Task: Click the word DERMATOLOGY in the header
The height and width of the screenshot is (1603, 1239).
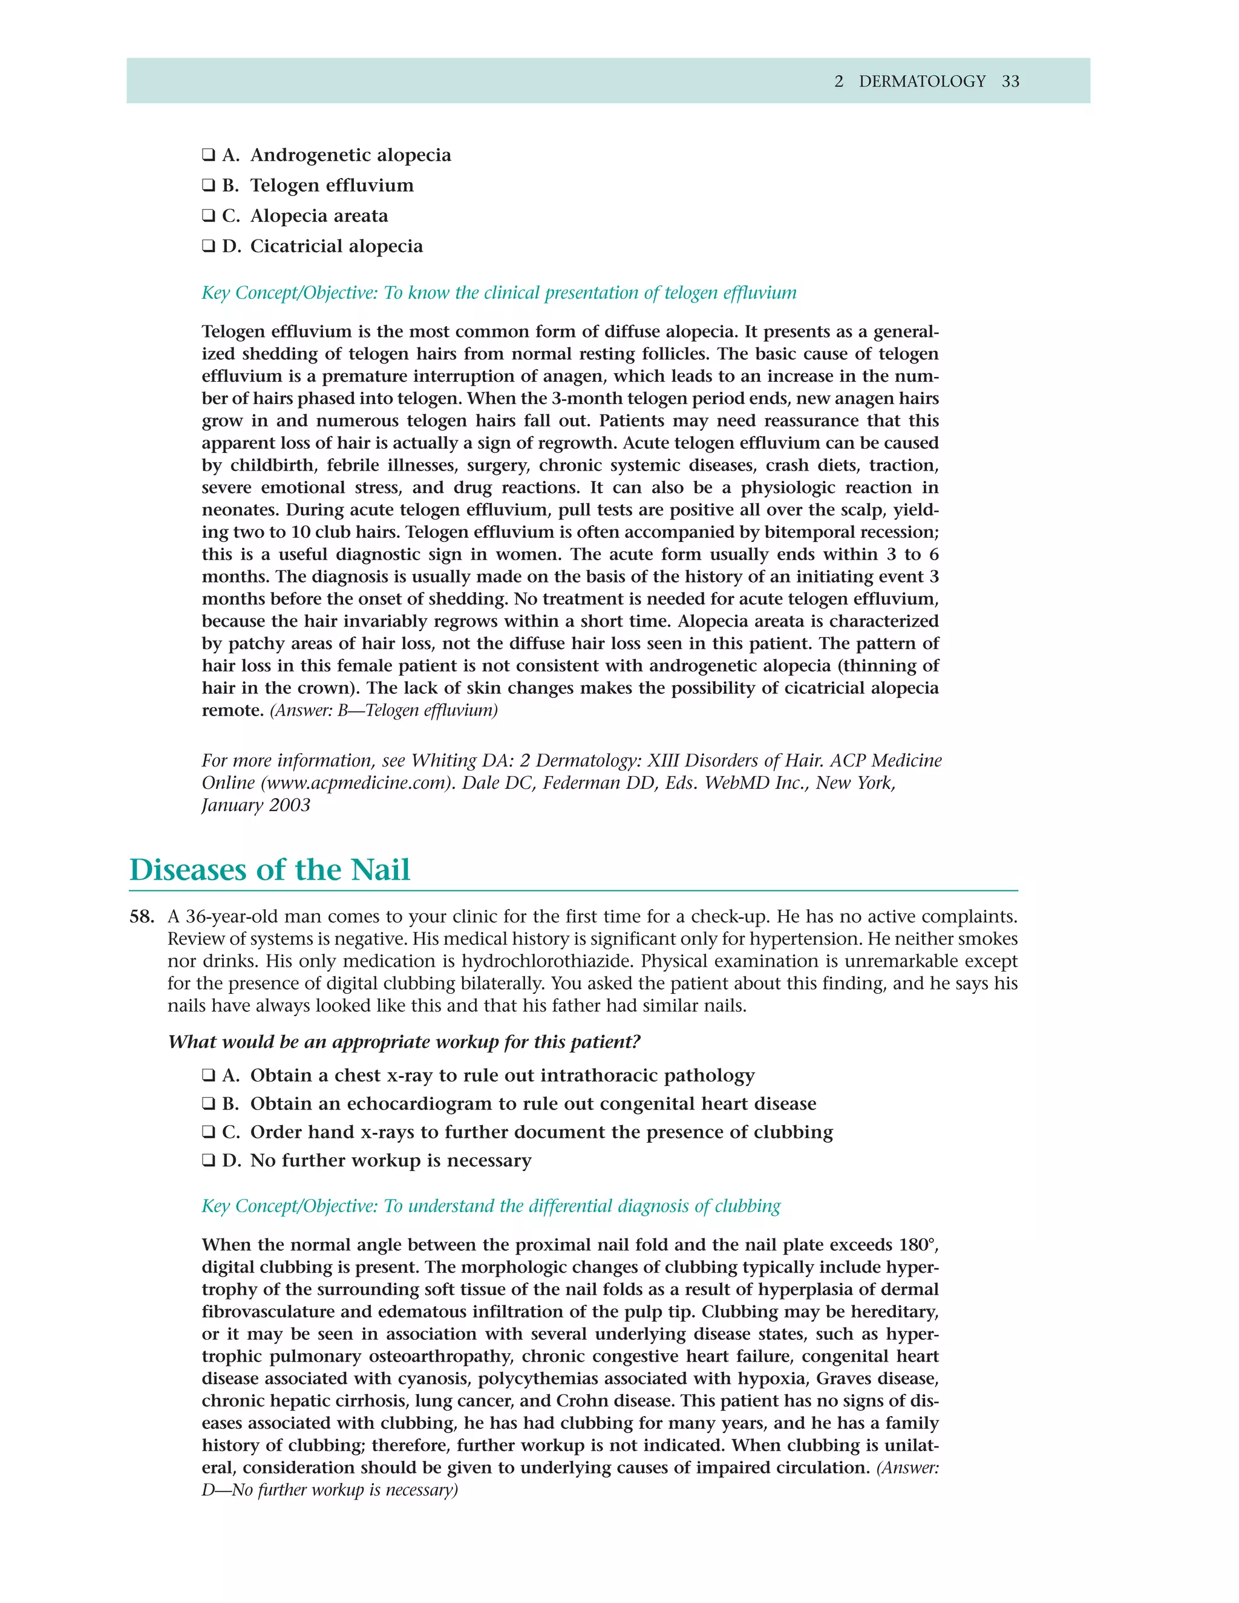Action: (x=922, y=82)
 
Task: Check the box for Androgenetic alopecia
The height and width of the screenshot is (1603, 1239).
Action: (x=209, y=155)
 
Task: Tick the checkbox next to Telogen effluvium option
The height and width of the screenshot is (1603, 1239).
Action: (x=209, y=185)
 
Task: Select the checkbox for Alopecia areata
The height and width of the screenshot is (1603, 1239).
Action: (x=209, y=216)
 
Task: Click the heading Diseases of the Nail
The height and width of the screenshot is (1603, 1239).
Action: (x=269, y=870)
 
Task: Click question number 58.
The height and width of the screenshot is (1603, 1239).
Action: (x=142, y=916)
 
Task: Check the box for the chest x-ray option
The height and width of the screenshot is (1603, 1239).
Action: (x=209, y=1076)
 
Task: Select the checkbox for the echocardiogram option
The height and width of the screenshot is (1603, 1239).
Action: (x=209, y=1104)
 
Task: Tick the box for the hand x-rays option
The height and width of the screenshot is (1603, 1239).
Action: (x=209, y=1132)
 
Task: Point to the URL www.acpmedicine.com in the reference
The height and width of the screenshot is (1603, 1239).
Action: (x=355, y=783)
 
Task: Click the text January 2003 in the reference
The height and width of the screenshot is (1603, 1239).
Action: (x=255, y=805)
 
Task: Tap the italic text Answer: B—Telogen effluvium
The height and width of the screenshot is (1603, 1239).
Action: (x=384, y=711)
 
